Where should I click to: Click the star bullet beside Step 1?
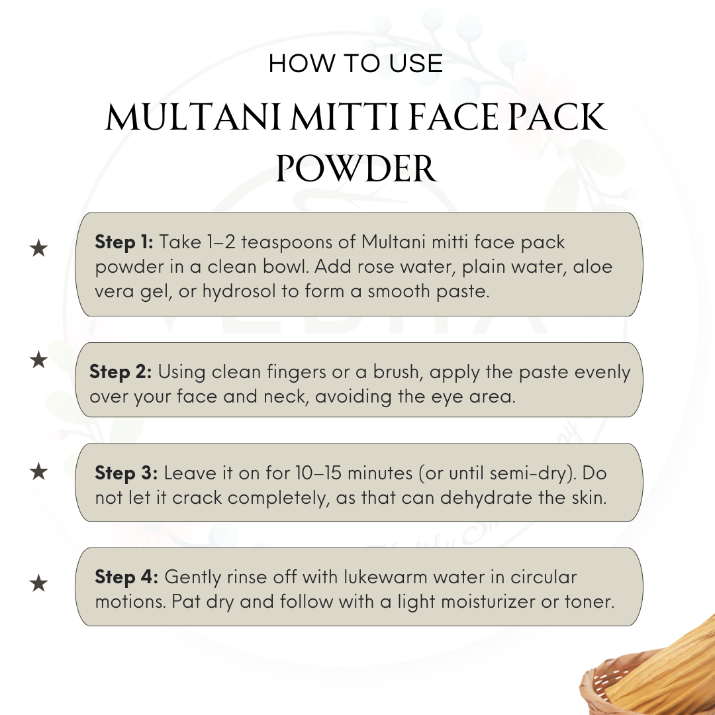38,248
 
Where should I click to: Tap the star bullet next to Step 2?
38,359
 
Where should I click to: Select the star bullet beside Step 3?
38,471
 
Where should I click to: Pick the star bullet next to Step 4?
38,583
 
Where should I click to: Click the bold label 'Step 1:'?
124,242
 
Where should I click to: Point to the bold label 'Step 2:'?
120,372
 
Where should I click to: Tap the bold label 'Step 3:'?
126,473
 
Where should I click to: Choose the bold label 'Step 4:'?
126,577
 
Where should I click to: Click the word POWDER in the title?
357,169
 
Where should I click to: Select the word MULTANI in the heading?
193,117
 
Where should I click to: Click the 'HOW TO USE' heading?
356,64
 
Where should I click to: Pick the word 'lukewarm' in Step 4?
385,577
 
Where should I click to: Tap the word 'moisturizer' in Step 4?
488,602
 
